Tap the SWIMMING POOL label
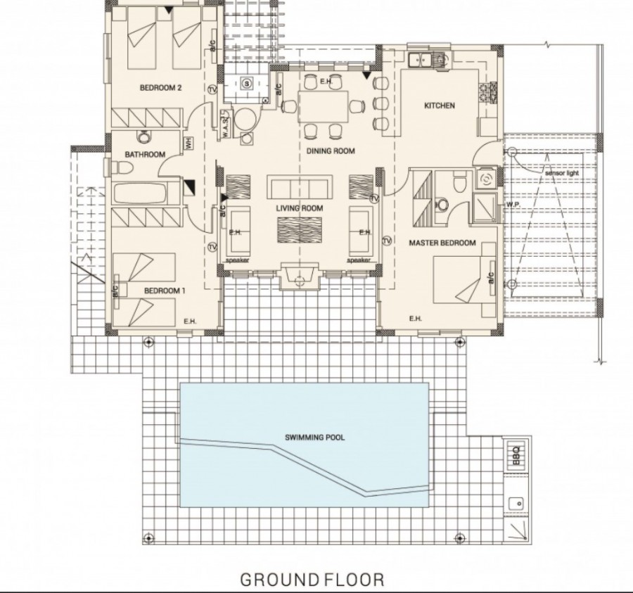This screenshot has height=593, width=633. pos(315,437)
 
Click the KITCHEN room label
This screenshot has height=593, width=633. pos(439,106)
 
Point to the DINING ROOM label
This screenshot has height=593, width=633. pos(330,151)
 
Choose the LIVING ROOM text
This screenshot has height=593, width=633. pos(299,208)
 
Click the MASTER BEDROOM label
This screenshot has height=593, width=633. pos(442,243)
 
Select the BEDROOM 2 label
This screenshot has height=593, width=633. pos(160,88)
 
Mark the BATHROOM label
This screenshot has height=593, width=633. pos(145,155)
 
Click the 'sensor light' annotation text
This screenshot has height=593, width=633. pos(561,172)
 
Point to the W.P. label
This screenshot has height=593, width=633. pos(512,205)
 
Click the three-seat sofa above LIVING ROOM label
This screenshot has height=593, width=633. pos(299,189)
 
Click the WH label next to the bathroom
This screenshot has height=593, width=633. pos(188,144)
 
